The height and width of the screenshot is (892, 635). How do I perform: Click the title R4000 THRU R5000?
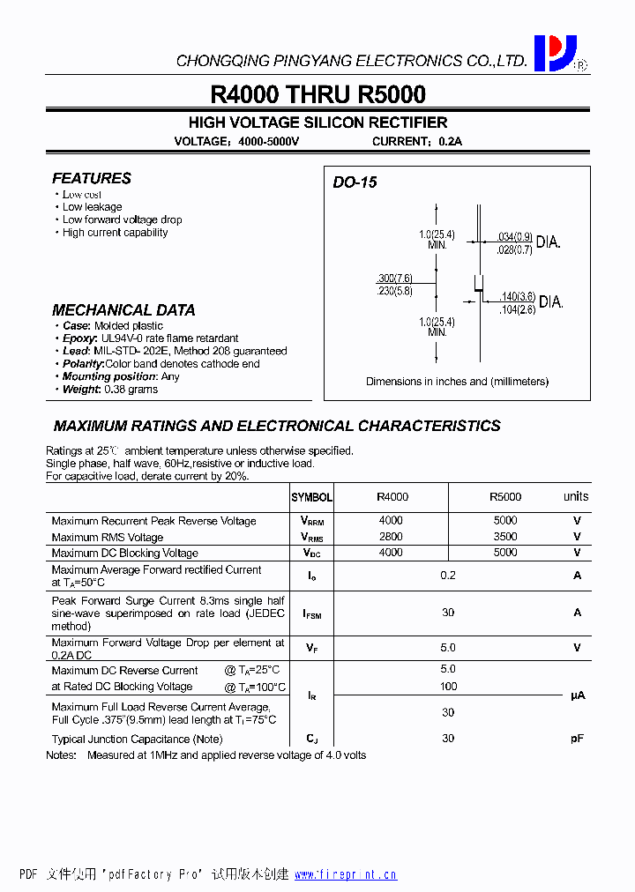317,94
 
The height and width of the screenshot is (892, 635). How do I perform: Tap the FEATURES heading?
92,178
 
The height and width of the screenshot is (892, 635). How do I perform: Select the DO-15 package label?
355,182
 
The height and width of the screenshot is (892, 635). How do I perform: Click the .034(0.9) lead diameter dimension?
515,236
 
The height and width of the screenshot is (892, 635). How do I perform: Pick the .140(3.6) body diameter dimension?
517,297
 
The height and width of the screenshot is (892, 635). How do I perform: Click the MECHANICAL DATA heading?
123,310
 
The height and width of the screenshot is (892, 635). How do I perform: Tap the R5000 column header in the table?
504,497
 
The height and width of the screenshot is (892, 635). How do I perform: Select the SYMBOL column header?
311,498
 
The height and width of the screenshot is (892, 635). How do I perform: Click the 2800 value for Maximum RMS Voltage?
391,537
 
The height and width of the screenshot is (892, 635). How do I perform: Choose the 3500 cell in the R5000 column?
505,537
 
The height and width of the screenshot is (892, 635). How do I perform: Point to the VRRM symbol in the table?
311,521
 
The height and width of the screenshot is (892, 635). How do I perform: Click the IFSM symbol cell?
311,613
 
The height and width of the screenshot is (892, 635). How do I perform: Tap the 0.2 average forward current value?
448,576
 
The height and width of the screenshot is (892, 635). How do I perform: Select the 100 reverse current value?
448,686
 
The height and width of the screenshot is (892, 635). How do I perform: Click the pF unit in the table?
577,739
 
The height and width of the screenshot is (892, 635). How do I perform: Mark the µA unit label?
577,695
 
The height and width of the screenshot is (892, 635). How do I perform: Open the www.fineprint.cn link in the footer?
346,874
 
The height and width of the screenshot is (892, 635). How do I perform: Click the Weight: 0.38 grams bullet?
110,389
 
